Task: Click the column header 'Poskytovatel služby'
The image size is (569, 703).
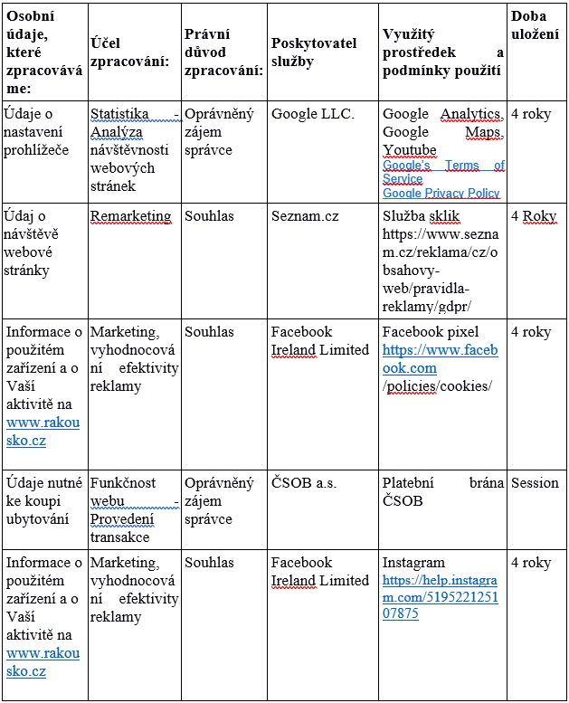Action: (x=313, y=52)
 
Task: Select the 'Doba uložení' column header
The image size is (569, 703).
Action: (x=534, y=25)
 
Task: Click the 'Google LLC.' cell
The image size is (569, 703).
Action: (x=313, y=114)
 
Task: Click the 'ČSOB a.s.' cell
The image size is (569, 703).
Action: (x=303, y=482)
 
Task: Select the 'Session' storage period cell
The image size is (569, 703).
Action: (x=535, y=482)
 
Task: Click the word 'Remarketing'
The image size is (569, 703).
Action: (x=130, y=216)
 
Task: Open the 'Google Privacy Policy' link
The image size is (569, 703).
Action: (x=441, y=193)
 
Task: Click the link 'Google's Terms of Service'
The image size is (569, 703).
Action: (x=442, y=172)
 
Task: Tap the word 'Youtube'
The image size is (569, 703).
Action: (x=409, y=150)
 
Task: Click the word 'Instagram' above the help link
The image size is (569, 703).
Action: (x=413, y=562)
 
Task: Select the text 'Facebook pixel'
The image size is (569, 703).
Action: (x=431, y=332)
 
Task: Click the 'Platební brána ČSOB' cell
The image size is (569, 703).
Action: (x=442, y=491)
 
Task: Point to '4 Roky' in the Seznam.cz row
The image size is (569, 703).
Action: (x=534, y=216)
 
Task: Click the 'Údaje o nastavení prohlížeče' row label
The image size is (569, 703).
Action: (x=37, y=132)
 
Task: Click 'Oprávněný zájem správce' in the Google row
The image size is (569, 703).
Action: (x=220, y=132)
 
